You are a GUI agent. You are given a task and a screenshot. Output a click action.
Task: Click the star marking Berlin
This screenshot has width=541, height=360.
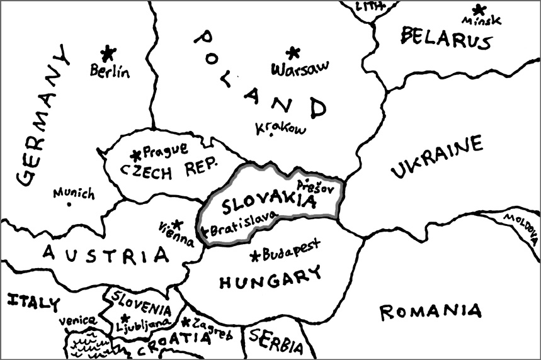(109, 52)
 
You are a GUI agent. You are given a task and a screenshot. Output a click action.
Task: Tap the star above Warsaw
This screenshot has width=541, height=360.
(292, 53)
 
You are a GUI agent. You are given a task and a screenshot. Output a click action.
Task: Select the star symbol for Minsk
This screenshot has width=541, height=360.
(479, 9)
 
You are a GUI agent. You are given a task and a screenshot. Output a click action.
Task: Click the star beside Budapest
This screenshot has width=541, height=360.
(255, 256)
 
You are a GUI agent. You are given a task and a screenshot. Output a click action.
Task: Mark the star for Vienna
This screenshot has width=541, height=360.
(178, 223)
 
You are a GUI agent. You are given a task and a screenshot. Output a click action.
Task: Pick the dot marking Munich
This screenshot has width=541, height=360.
(69, 205)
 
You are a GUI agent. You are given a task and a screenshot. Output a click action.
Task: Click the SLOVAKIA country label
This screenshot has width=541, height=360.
(268, 202)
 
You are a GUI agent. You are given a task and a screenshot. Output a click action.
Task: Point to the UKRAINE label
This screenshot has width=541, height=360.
(436, 158)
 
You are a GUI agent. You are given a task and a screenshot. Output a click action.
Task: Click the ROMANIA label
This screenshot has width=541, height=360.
(431, 311)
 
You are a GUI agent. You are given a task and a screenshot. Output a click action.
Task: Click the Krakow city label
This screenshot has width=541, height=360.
(280, 128)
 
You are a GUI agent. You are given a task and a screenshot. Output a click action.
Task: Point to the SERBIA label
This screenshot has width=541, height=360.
(276, 342)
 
